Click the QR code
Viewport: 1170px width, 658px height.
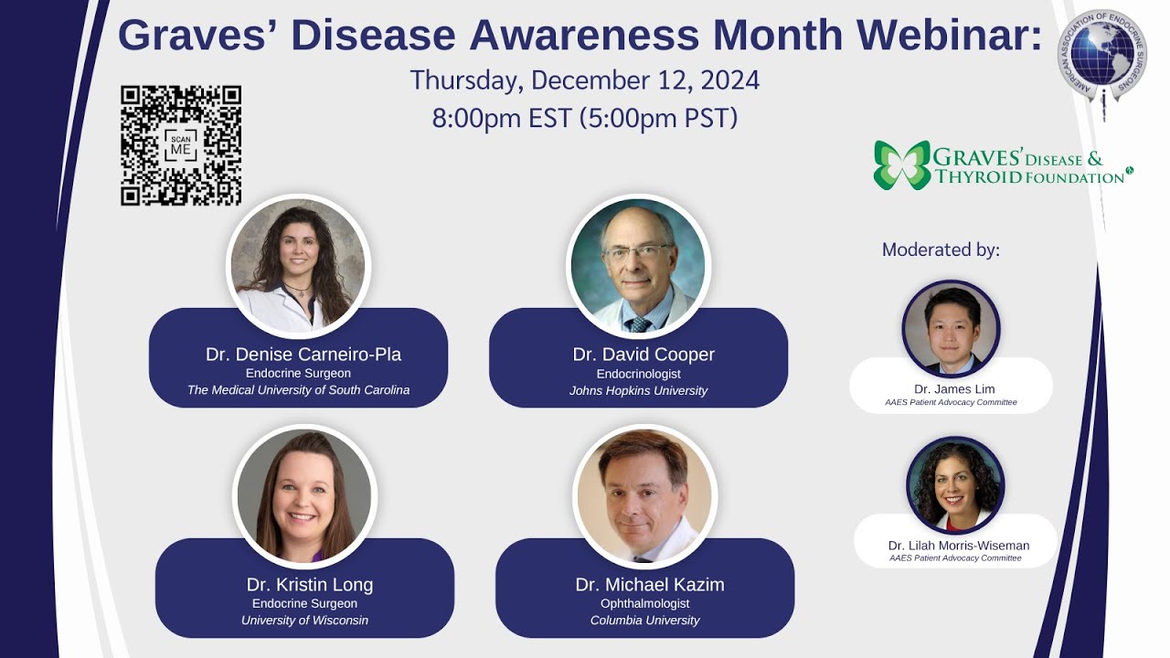181,145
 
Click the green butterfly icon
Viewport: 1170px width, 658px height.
901,164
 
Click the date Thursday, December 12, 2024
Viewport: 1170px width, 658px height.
584,80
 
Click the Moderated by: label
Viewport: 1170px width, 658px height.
941,249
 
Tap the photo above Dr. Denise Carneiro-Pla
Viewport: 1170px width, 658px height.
298,266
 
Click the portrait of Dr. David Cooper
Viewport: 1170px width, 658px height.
638,266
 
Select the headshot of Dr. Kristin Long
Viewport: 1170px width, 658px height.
304,496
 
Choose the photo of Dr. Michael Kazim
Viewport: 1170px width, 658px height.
644,496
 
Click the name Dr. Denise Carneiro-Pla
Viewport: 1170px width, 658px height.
303,355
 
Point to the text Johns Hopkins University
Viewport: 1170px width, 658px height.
638,390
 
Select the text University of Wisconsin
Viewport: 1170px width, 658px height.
304,621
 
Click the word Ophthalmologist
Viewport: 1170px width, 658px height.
644,603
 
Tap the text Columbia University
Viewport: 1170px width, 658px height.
644,621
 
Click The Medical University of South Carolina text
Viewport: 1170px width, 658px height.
298,390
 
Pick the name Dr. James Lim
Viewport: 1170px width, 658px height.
954,389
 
